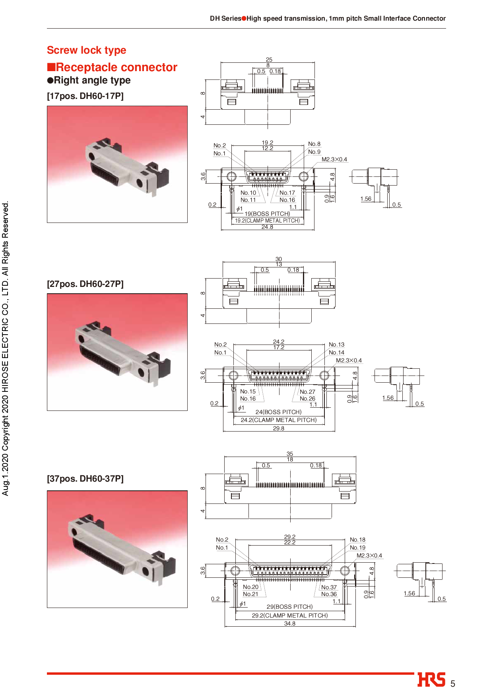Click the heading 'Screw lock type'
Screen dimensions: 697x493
click(86, 50)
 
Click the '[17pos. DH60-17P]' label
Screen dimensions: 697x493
click(85, 96)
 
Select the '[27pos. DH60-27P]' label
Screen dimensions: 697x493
click(85, 284)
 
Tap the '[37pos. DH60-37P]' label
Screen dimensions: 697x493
click(85, 479)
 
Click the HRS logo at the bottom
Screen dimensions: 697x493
click(431, 680)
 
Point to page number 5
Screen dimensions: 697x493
click(452, 684)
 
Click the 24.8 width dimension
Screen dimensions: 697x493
click(267, 227)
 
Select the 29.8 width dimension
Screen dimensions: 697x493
click(278, 428)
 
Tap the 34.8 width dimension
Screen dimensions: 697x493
click(289, 623)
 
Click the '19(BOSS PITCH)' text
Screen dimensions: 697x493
click(267, 214)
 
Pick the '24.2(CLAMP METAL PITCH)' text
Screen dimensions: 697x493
click(278, 420)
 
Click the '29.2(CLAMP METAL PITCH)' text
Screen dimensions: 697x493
click(289, 615)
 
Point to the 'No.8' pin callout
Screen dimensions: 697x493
click(314, 144)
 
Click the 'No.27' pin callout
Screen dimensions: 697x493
click(307, 392)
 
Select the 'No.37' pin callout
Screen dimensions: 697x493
click(329, 587)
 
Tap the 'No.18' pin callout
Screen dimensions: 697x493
click(357, 540)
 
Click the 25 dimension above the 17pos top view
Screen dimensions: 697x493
click(269, 60)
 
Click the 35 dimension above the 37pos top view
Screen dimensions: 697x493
click(290, 454)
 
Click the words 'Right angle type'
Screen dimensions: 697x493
click(92, 80)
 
